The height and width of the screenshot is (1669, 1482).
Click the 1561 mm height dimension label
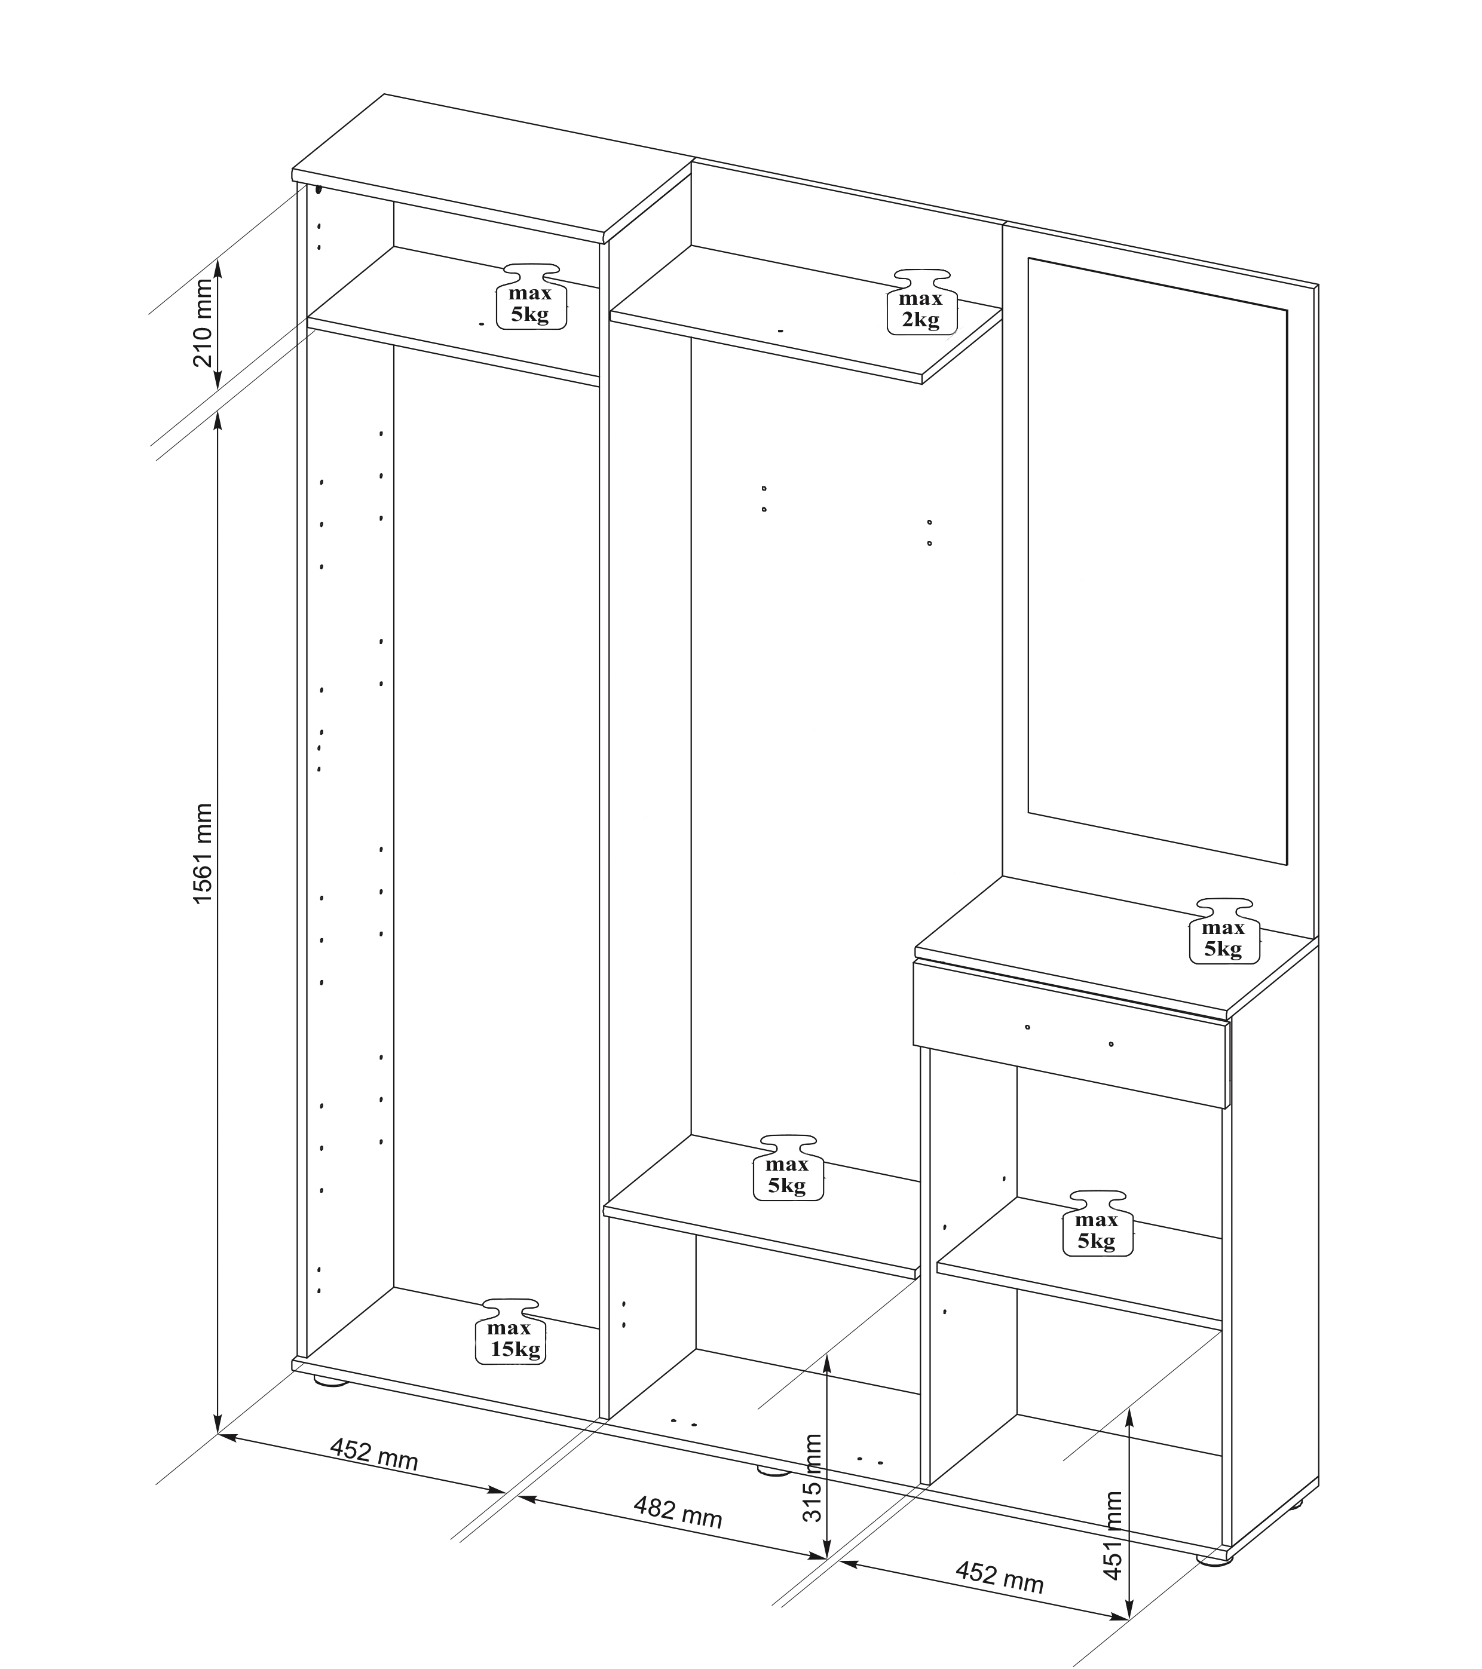click(x=203, y=853)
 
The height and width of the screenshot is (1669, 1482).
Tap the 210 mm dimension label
click(x=203, y=323)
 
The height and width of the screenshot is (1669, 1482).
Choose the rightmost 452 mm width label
click(x=999, y=1575)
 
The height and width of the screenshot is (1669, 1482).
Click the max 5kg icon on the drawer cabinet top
click(x=1224, y=931)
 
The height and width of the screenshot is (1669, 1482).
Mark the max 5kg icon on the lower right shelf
click(x=1097, y=1223)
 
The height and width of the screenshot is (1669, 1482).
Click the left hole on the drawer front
click(x=1028, y=1027)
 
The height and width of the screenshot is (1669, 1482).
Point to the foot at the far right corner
click(x=1215, y=1558)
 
